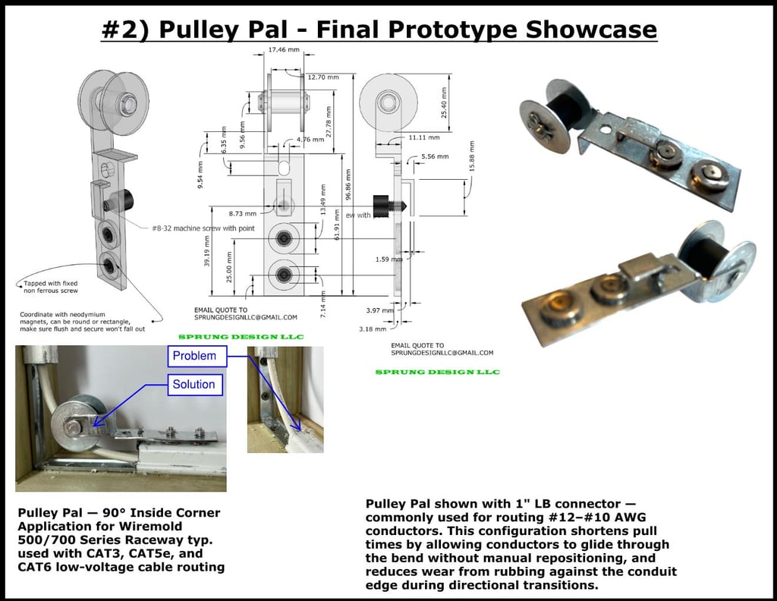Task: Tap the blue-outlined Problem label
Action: click(x=194, y=356)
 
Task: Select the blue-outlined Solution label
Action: click(x=193, y=384)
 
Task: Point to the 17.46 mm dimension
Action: click(x=284, y=49)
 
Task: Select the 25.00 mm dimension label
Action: click(x=229, y=265)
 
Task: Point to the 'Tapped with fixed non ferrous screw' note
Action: click(x=51, y=287)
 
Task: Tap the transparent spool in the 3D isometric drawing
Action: click(x=114, y=102)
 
